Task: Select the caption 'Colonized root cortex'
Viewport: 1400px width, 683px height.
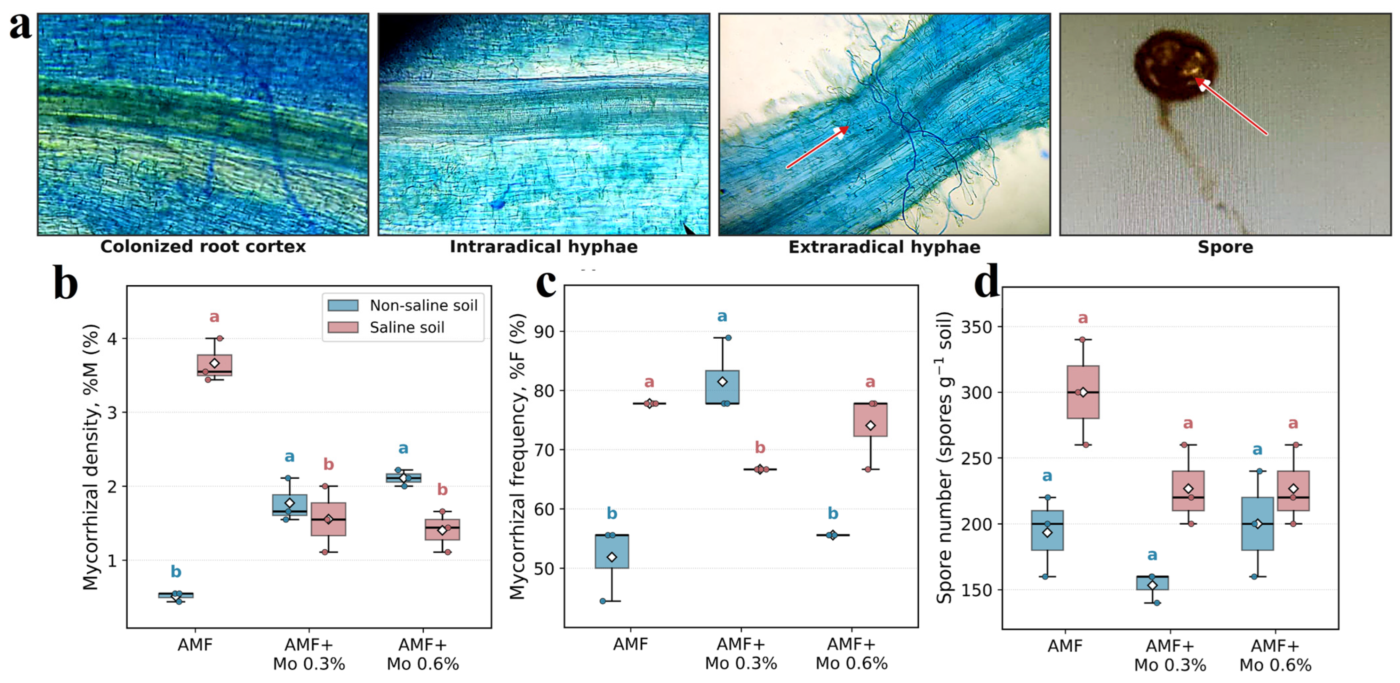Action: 203,246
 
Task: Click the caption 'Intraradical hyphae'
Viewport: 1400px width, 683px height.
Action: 543,246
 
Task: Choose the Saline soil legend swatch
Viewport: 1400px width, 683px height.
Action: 343,327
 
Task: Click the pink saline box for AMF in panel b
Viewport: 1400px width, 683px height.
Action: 215,365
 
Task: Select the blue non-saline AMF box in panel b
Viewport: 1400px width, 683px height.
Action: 176,596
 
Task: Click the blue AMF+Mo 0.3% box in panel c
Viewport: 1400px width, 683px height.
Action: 722,387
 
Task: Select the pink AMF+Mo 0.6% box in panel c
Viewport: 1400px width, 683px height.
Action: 871,420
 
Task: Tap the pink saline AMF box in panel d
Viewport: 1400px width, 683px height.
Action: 1083,392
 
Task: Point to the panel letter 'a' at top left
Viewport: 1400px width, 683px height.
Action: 20,26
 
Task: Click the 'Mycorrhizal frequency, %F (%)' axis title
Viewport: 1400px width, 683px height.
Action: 518,457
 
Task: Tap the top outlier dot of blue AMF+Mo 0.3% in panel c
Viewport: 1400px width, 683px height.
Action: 728,338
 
